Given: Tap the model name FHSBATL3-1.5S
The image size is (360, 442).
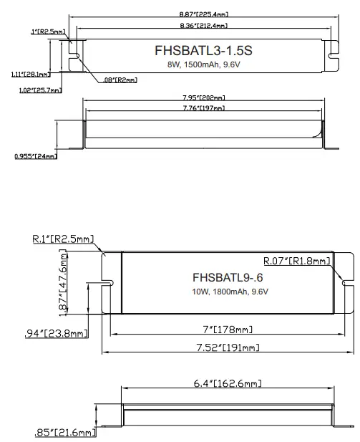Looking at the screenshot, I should [x=203, y=52].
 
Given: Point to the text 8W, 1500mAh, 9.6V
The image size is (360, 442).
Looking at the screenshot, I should [x=203, y=64].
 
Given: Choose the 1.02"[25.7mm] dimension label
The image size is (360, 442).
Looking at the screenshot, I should [x=38, y=91].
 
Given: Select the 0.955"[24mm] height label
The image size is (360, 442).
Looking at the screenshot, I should [x=35, y=156].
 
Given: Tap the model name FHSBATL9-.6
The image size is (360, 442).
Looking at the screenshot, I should [x=223, y=277].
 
